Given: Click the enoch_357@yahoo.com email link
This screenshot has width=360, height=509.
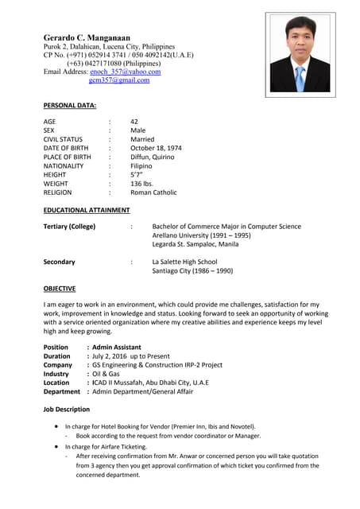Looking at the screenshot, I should pos(126,72).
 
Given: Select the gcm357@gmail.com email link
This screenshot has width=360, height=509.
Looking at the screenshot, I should pos(119,80).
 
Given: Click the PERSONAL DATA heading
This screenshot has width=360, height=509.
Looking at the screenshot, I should pos(69,105).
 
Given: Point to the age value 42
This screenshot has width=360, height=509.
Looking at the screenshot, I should pos(134,122).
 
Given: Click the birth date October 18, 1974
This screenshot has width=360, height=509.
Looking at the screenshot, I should pos(156,148).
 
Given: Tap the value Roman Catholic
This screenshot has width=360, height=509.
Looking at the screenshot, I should pos(153,192).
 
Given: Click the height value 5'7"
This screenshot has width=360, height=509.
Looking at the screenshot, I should pos(137,174).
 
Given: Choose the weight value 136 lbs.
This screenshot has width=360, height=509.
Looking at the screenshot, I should pos(141,184).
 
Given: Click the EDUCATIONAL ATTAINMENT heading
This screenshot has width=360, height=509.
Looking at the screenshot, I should pos(87,210).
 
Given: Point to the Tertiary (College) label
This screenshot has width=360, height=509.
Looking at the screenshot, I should pos(69,227).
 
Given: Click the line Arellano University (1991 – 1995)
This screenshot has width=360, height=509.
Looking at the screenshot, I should pos(201,236).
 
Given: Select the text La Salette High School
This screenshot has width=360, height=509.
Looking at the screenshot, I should pos(184,262).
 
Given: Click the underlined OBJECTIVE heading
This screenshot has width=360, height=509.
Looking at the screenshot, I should pos(60,289).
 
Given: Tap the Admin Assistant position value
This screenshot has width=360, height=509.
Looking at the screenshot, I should pos(117,348).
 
